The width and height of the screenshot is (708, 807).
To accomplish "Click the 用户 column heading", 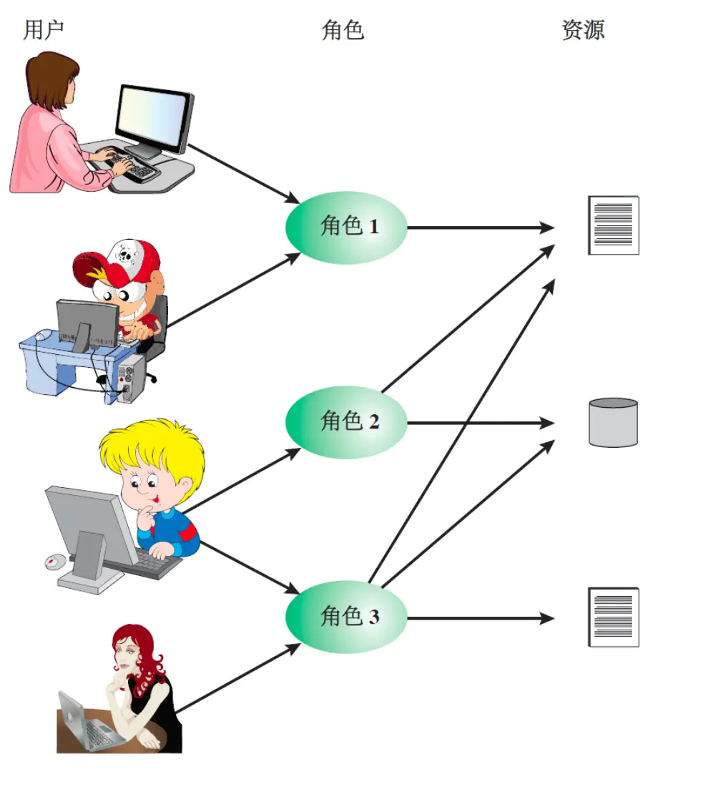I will point(44,30).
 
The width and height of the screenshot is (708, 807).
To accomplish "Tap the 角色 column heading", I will point(343,30).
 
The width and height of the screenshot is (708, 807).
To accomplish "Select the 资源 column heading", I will point(583,30).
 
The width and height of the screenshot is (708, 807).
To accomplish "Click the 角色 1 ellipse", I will point(346,228).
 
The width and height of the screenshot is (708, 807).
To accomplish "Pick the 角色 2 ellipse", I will point(346,422).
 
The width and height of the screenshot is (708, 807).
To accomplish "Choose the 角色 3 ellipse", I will point(346,617).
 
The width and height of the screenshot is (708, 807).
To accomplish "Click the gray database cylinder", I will point(613,423).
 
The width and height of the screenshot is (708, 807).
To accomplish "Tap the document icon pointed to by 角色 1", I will point(613,225).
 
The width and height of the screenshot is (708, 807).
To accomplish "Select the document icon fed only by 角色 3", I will point(613,617).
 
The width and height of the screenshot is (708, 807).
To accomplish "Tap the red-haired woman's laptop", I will point(82,723).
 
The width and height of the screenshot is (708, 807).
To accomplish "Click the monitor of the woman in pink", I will point(153,118).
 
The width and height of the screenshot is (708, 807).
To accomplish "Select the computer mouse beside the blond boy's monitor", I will point(54,562).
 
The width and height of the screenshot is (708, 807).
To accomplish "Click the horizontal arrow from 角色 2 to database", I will point(479,423).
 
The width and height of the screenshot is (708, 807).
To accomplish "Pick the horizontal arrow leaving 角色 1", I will point(479,228).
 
